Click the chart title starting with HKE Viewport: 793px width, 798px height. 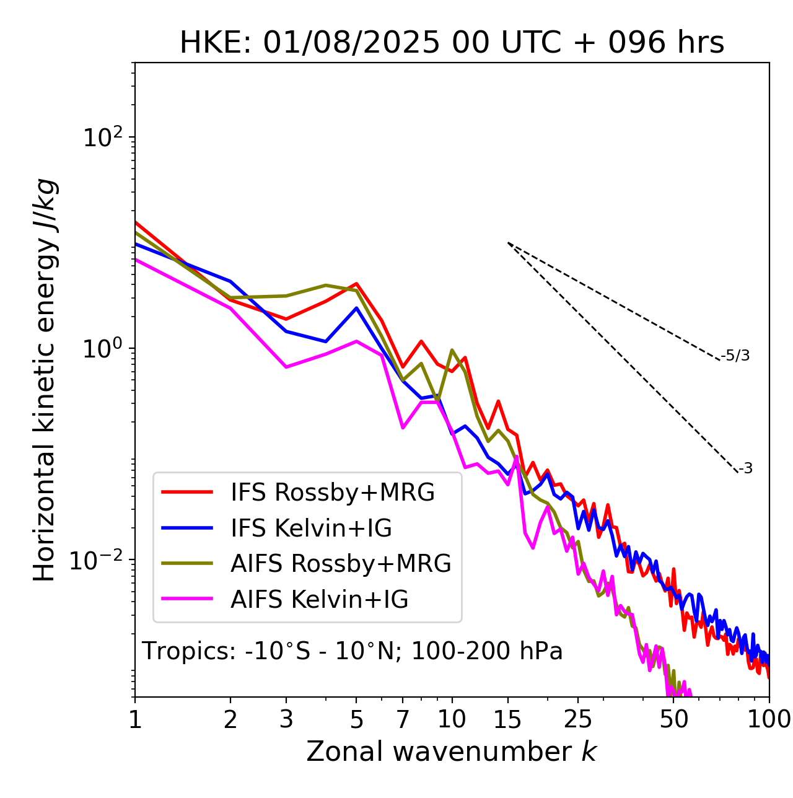452,43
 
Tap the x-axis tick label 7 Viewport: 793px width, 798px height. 403,719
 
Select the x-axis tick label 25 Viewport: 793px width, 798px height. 578,719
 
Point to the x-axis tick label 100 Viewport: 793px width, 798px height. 769,719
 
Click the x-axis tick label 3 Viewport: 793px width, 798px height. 286,719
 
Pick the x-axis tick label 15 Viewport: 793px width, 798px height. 507,719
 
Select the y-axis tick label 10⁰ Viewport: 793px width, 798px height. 103,349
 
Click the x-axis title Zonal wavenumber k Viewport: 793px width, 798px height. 452,752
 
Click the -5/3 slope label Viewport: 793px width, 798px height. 735,356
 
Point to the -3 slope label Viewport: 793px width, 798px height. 746,469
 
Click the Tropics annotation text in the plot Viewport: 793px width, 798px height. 352,652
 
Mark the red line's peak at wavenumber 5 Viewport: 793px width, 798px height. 357,284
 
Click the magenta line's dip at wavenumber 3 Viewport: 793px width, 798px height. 286,367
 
